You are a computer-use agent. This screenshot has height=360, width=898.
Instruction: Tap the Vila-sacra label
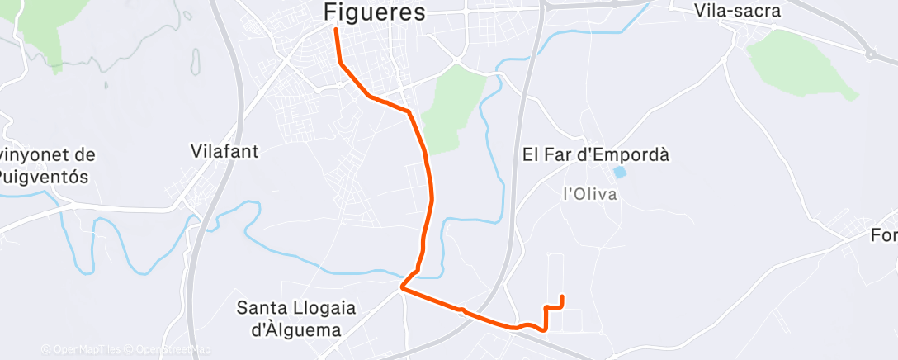[737, 11]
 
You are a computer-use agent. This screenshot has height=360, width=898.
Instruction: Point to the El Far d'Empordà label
[595, 154]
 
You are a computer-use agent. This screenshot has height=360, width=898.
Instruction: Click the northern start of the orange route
[336, 30]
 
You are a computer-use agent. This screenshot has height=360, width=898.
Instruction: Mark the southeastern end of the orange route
[562, 296]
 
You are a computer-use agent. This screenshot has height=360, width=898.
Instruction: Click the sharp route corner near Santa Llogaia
[401, 288]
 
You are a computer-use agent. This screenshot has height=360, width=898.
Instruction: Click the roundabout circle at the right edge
[870, 55]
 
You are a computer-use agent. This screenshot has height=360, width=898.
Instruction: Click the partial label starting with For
[884, 236]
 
